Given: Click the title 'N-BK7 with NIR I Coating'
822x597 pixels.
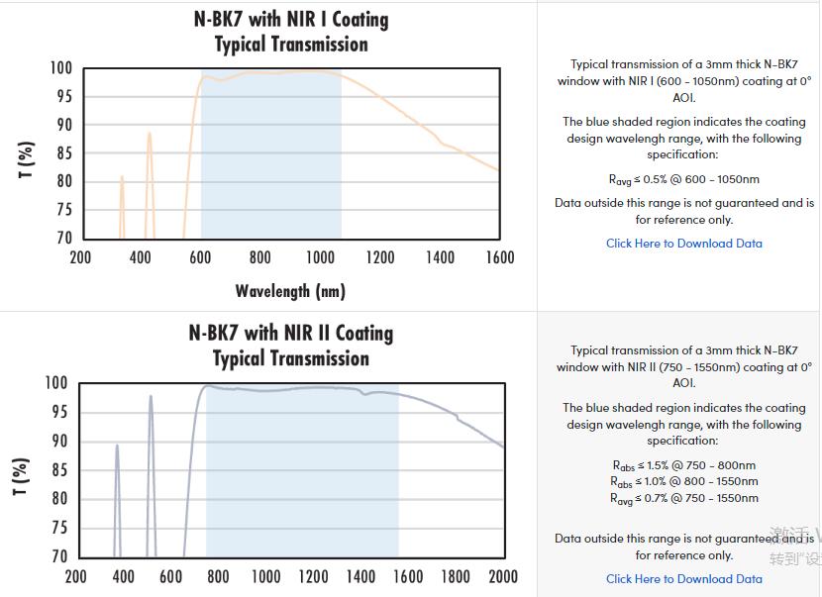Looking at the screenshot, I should [x=291, y=20].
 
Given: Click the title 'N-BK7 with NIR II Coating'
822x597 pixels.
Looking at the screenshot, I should [x=291, y=334].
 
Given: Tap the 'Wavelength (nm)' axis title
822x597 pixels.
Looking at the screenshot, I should [x=290, y=291].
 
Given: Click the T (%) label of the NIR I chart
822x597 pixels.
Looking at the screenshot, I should [x=27, y=160].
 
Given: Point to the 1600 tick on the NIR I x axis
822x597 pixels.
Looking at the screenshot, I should [x=500, y=258].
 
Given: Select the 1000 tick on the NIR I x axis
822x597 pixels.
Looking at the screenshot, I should [x=320, y=258].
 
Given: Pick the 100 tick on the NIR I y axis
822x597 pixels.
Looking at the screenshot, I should [x=61, y=68].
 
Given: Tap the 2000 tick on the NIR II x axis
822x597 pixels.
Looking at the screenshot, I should [x=504, y=577].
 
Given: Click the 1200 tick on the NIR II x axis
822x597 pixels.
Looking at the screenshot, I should [x=314, y=577].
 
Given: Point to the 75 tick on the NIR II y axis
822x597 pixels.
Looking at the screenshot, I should [x=57, y=528].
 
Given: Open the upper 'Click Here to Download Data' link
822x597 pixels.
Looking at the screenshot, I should [x=684, y=244].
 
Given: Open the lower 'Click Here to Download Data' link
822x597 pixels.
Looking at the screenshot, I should [x=684, y=579].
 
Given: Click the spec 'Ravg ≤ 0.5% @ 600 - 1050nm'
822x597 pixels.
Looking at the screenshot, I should [x=684, y=180].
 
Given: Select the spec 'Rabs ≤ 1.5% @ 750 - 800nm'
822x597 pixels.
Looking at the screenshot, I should [x=684, y=465].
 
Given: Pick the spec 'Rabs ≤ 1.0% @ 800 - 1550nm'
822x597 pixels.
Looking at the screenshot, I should [x=684, y=482].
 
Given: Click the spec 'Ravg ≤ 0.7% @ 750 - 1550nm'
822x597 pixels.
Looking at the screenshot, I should [x=684, y=499].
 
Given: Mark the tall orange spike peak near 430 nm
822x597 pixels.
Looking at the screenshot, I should [x=150, y=134].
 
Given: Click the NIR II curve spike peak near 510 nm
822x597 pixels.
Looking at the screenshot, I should [x=151, y=397].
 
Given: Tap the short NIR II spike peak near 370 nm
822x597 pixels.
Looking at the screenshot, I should [x=117, y=446].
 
